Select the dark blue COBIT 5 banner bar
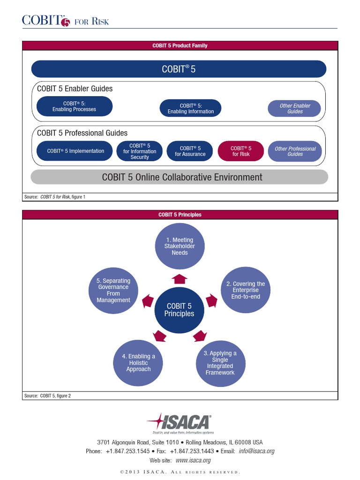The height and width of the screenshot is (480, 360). click(179, 69)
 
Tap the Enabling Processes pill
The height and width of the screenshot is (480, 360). click(74, 106)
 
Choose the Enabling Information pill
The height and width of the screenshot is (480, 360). click(190, 109)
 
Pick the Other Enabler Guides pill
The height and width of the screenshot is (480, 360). click(295, 109)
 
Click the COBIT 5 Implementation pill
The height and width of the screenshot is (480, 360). click(75, 151)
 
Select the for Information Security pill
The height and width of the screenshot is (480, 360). click(140, 151)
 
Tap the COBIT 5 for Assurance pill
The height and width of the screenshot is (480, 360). click(190, 151)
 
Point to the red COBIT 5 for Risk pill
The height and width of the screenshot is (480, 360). click(241, 151)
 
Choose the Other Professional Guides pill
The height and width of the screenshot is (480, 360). click(295, 151)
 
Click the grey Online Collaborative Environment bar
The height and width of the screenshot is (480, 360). click(179, 177)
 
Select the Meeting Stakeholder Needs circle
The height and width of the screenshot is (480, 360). click(180, 247)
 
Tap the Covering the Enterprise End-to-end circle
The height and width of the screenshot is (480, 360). click(245, 290)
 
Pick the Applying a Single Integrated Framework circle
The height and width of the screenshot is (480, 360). click(220, 363)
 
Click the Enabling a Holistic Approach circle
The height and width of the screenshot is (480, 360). click(138, 363)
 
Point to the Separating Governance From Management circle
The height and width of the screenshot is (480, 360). click(113, 291)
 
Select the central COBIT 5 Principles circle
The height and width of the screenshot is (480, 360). click(179, 310)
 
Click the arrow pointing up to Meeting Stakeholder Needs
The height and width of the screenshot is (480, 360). click(180, 279)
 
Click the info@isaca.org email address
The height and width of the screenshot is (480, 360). click(256, 451)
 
